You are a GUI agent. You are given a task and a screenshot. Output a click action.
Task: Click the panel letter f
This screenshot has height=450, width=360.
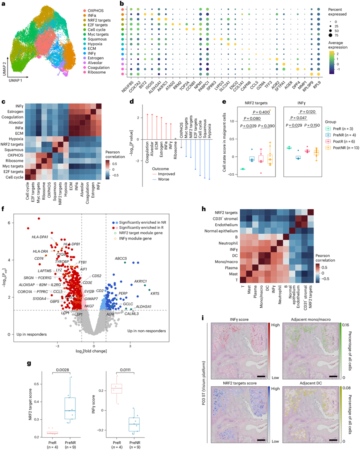tap(5, 209)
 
